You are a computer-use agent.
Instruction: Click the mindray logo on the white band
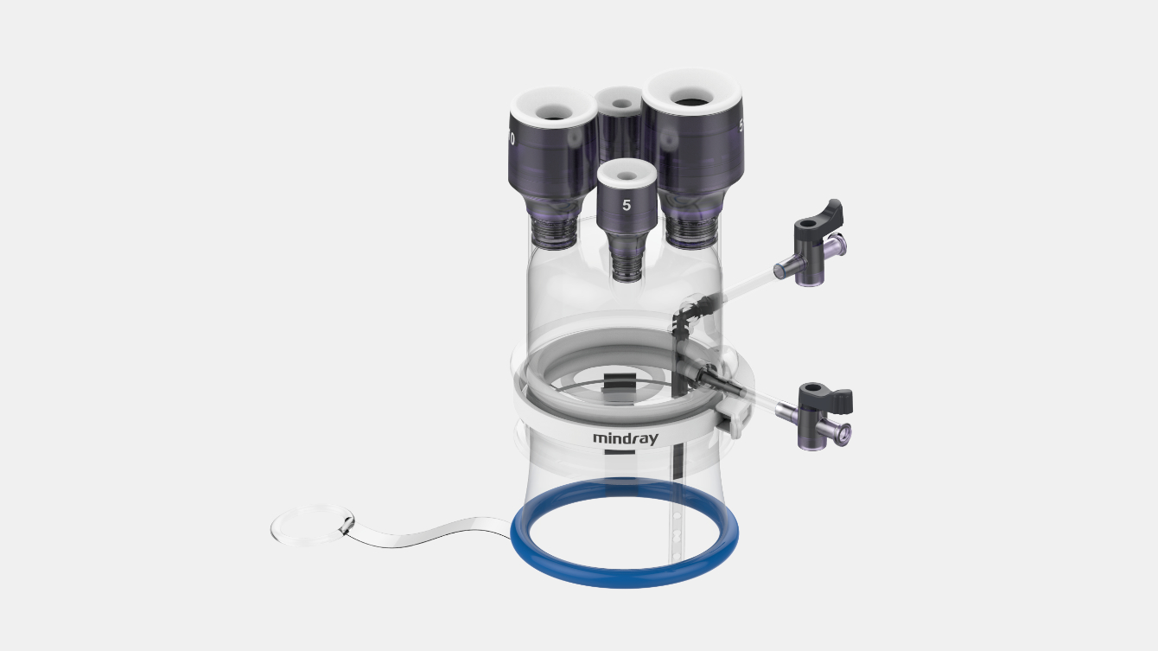tap(625, 438)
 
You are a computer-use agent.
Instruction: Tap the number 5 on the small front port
tap(627, 206)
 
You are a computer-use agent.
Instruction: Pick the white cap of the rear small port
tap(620, 99)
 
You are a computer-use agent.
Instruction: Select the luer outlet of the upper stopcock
tap(837, 247)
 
